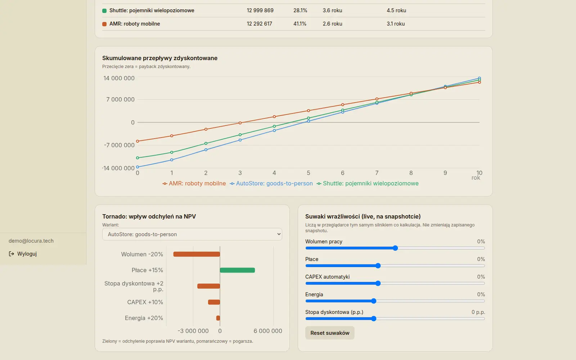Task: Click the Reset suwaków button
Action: click(330, 333)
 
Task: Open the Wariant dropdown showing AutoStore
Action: click(192, 234)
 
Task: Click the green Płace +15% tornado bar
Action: click(237, 270)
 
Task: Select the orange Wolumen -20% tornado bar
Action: click(197, 254)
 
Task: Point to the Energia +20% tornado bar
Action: click(218, 318)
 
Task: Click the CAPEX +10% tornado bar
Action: click(214, 302)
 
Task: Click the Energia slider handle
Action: click(374, 301)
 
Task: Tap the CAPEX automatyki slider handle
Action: click(378, 283)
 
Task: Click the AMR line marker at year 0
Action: click(138, 141)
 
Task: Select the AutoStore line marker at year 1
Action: click(172, 160)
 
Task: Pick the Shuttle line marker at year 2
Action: click(206, 143)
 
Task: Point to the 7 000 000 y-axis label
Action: click(120, 99)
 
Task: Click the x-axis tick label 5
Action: click(308, 173)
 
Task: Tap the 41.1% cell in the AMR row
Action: click(300, 24)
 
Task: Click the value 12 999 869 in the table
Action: click(260, 10)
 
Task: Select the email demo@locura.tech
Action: click(31, 241)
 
